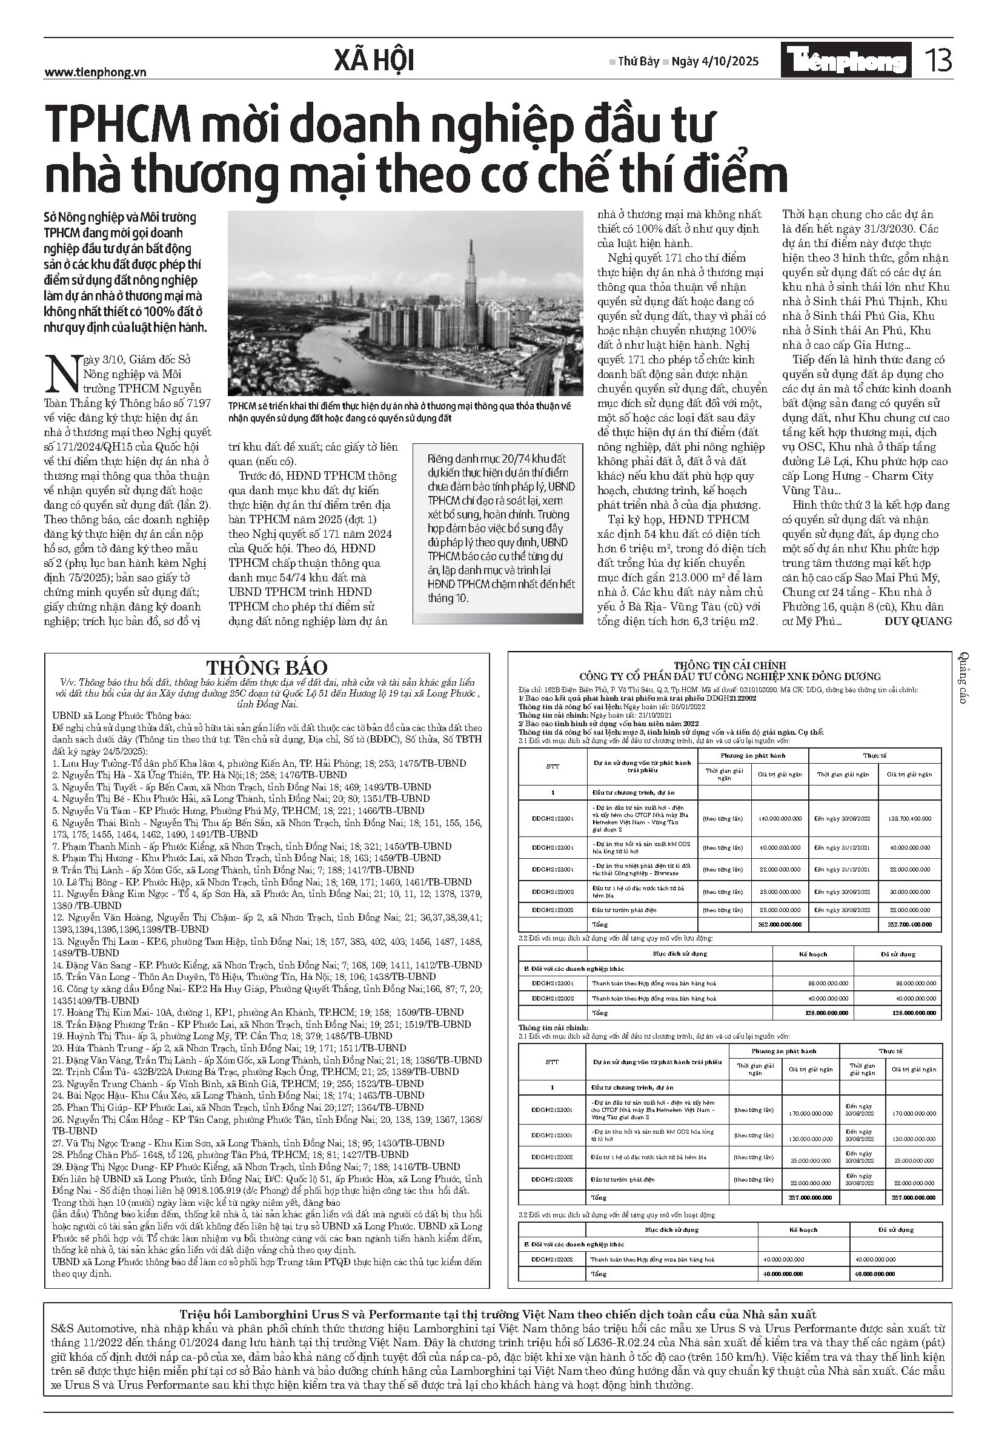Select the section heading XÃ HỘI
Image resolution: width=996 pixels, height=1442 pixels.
pyautogui.click(x=374, y=61)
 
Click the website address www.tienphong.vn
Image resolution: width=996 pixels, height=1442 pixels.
pyautogui.click(x=95, y=72)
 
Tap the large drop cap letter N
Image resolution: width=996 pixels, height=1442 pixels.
pyautogui.click(x=62, y=374)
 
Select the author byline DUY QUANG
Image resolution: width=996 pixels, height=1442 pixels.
pyautogui.click(x=918, y=621)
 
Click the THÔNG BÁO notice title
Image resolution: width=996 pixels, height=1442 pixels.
pyautogui.click(x=267, y=668)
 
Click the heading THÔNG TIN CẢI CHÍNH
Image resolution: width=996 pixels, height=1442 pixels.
pyautogui.click(x=729, y=666)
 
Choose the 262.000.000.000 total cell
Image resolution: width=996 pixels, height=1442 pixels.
pyautogui.click(x=780, y=924)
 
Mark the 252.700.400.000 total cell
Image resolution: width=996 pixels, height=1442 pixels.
pyautogui.click(x=910, y=924)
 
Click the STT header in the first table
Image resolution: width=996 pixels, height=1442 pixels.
pyautogui.click(x=553, y=766)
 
